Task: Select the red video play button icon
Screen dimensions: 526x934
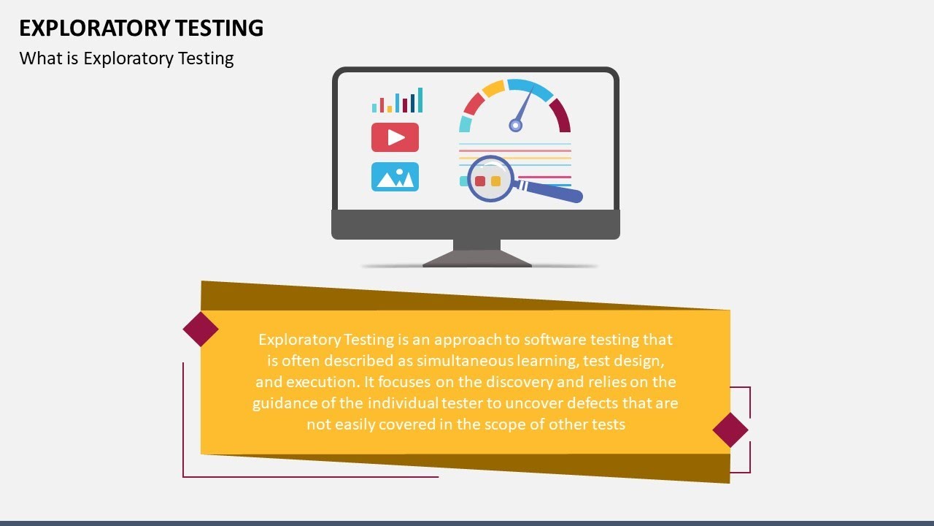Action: click(395, 137)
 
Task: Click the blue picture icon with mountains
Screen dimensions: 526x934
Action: click(395, 177)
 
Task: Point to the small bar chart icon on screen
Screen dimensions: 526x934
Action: click(397, 102)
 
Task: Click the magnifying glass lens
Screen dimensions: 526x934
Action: click(490, 179)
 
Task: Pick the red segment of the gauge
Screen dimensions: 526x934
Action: click(473, 104)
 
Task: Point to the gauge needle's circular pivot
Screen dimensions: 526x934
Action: click(515, 126)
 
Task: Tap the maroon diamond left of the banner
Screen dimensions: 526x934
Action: click(201, 329)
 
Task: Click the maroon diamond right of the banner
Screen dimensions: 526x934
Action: click(730, 430)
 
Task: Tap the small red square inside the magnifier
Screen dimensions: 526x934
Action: click(480, 180)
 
